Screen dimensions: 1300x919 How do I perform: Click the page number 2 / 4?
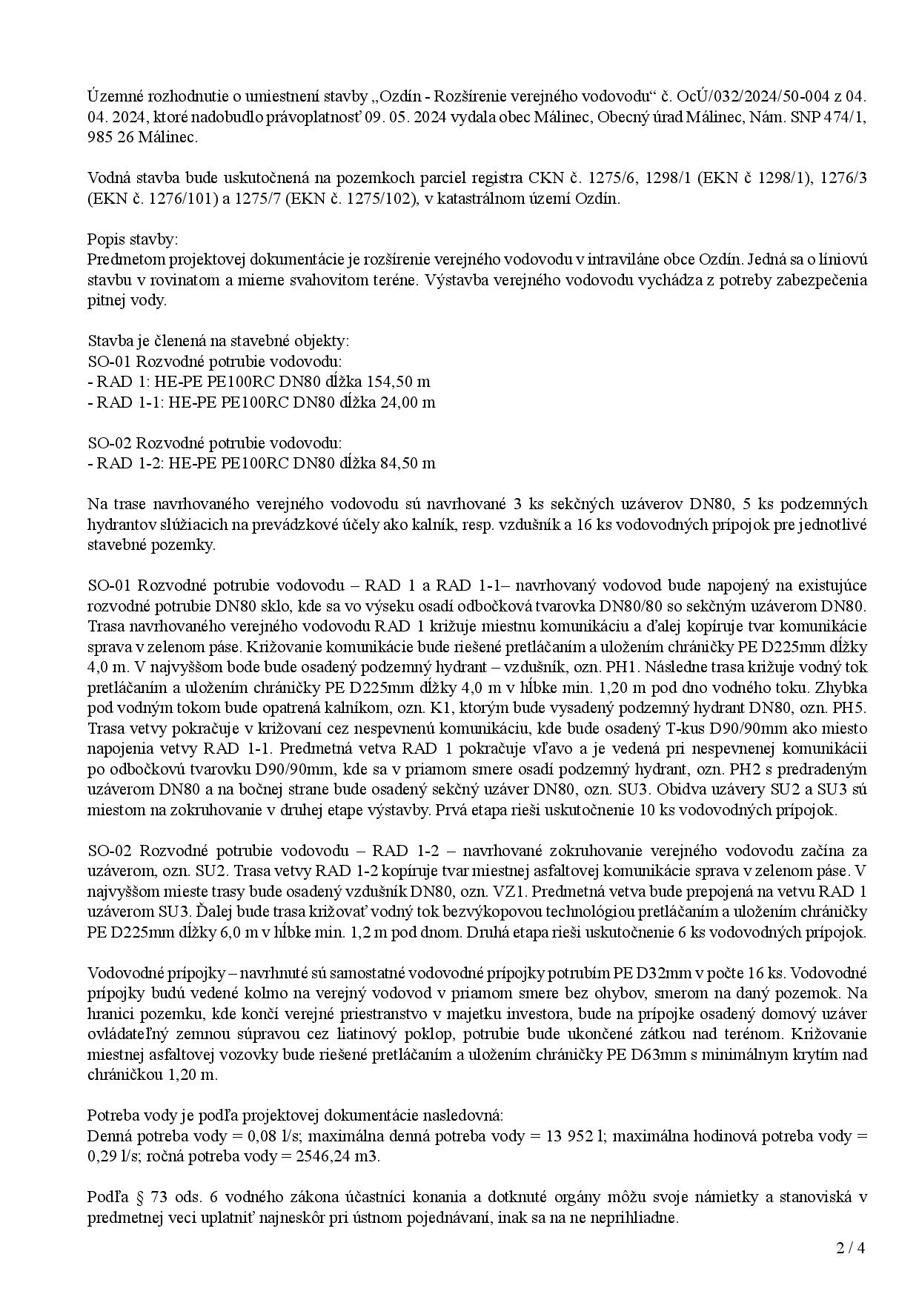[851, 1247]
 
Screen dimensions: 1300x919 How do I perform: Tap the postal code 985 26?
[110, 137]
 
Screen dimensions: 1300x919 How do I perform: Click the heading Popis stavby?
[133, 239]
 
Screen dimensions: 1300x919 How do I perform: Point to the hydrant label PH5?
[852, 708]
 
